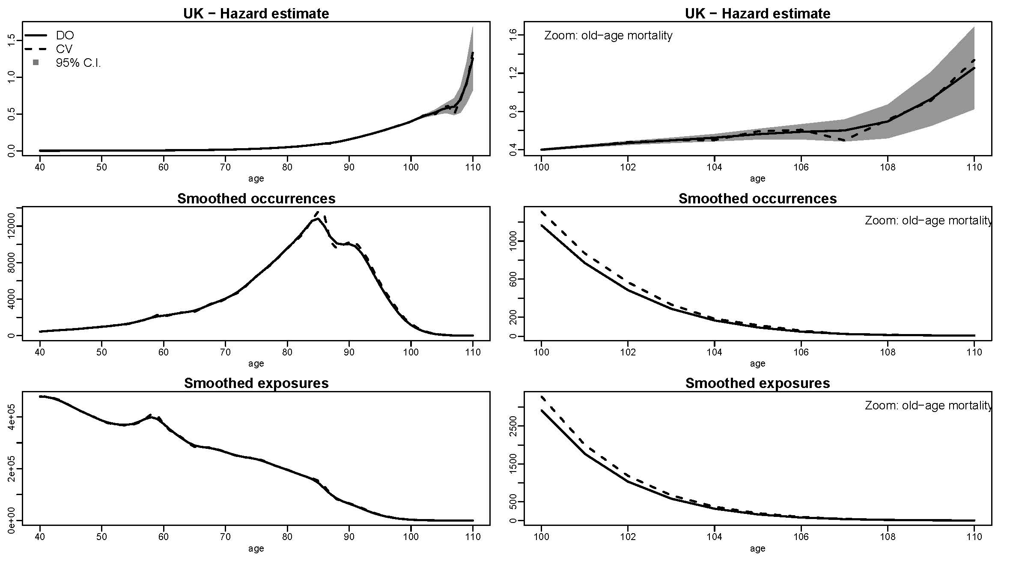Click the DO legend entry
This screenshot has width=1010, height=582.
(x=65, y=36)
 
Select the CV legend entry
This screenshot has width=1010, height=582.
(x=64, y=49)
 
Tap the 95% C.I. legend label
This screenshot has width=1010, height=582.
(x=78, y=63)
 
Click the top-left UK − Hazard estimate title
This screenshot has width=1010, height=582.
(x=256, y=14)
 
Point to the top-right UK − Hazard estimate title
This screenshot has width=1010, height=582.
(x=757, y=14)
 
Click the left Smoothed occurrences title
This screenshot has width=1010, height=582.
(x=256, y=199)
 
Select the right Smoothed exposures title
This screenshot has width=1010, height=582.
(x=757, y=383)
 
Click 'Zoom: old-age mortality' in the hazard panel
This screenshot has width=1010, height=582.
(x=608, y=36)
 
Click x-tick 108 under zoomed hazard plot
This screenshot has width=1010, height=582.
(x=888, y=167)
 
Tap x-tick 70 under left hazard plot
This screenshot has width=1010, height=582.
(x=225, y=167)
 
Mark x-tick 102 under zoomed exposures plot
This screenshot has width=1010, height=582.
(x=628, y=537)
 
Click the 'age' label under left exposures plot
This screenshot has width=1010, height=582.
(x=256, y=549)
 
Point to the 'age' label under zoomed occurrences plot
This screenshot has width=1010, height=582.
(x=757, y=364)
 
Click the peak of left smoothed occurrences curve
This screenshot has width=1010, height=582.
(x=317, y=218)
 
